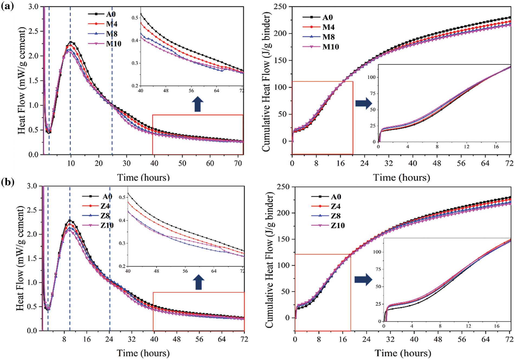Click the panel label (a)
coord(7,6)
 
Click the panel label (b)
coord(8,182)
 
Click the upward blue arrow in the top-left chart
coord(198,104)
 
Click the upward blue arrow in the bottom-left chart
coord(199,282)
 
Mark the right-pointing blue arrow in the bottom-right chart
coord(363,279)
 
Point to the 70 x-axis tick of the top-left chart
coord(238,163)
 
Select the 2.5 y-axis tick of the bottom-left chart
coord(32,210)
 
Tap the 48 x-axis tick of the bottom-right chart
coord(438,339)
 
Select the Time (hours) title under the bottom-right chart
coord(403,353)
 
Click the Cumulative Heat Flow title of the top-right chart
coord(266,81)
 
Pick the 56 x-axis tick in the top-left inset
coord(191,91)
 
